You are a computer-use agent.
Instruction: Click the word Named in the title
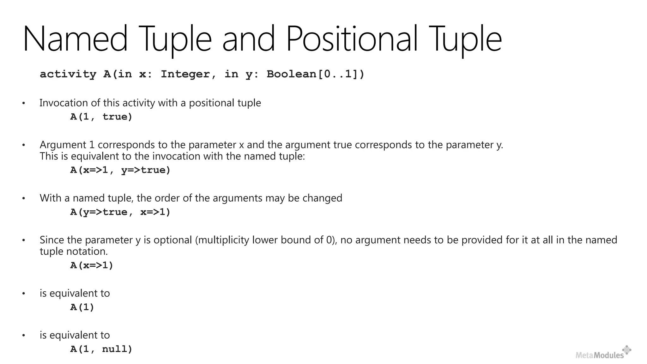tap(75, 39)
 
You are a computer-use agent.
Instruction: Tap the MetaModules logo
tap(603, 353)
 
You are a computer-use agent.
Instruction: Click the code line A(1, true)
tap(101, 117)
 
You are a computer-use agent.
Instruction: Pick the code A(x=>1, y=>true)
tap(120, 170)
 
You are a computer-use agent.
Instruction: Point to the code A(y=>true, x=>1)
tap(120, 212)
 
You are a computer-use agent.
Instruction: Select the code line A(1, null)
tap(101, 349)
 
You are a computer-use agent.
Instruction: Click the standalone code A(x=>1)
tap(92, 265)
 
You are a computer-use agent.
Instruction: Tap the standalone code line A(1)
tap(82, 307)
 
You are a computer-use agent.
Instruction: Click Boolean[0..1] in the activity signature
tap(315, 74)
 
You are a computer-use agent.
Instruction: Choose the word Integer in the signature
tap(185, 74)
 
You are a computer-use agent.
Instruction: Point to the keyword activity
tap(68, 74)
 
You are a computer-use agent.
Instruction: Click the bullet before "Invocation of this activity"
tap(23, 103)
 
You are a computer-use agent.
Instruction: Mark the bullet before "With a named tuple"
tap(23, 198)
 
